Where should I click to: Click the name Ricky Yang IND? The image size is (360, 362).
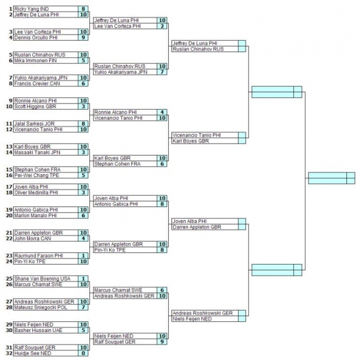(32, 9)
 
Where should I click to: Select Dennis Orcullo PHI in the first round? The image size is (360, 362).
(36, 38)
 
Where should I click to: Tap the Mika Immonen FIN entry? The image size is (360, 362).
(35, 61)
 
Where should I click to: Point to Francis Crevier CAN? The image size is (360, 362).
(37, 84)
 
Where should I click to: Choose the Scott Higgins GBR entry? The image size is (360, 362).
(35, 106)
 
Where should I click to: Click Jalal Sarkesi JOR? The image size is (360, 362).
(35, 124)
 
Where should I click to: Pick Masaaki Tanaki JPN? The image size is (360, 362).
(37, 152)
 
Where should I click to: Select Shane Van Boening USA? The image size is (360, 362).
(42, 279)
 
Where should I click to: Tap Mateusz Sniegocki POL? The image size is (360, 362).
(41, 308)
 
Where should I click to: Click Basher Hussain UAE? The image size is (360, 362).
(38, 330)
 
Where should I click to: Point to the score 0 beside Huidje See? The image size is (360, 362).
(83, 354)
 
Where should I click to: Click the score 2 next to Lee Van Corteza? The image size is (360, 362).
(162, 26)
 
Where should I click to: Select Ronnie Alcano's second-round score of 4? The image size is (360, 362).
(162, 112)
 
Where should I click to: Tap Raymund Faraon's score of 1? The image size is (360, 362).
(83, 256)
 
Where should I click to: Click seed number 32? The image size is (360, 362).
(9, 354)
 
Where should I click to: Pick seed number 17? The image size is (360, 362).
(9, 187)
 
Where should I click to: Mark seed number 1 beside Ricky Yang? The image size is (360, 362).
(10, 9)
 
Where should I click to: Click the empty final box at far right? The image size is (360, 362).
(332, 178)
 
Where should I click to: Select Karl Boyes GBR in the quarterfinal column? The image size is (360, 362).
(191, 141)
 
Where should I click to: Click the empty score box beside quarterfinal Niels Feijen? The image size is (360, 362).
(242, 319)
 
